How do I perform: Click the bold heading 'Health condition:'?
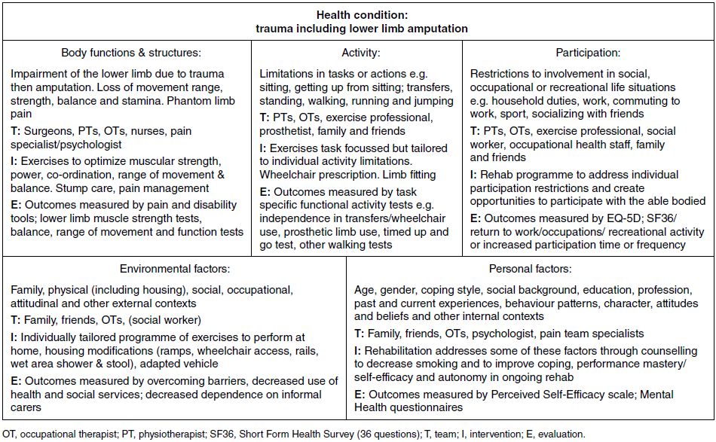pyautogui.click(x=358, y=15)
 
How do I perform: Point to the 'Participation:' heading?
pyautogui.click(x=588, y=53)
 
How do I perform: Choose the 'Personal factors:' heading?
pyautogui.click(x=531, y=268)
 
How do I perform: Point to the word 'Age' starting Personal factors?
pyautogui.click(x=365, y=289)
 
